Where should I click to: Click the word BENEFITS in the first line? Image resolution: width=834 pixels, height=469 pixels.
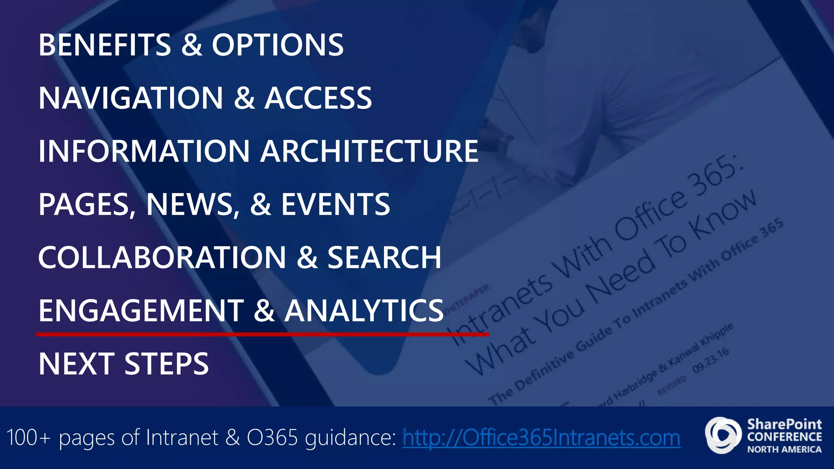coord(105,45)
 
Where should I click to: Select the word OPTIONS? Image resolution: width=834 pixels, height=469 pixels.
coord(278,45)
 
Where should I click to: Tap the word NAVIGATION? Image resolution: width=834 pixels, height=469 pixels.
coord(131,98)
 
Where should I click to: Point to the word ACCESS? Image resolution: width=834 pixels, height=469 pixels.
coord(318,98)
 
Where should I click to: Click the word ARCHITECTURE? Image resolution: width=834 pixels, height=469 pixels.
coord(369,151)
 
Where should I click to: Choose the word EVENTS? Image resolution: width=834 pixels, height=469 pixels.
coord(336,204)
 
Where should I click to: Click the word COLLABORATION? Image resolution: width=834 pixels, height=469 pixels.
coord(162,257)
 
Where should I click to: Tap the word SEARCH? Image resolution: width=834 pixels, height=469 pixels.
coord(384,257)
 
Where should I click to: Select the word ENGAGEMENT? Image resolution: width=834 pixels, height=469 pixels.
coord(141,311)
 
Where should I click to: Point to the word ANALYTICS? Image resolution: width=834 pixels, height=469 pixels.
coord(364,311)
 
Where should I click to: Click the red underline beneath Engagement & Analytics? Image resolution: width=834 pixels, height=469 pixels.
coord(262,335)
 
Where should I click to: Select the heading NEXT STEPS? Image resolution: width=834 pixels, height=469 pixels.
coord(123,364)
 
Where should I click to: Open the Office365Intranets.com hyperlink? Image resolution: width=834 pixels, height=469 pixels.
coord(541,438)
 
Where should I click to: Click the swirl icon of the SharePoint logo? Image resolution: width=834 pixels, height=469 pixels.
coord(723,435)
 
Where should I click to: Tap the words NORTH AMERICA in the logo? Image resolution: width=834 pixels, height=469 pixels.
coord(784,449)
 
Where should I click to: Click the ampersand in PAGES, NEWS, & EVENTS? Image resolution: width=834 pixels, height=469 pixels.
coord(261,204)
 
